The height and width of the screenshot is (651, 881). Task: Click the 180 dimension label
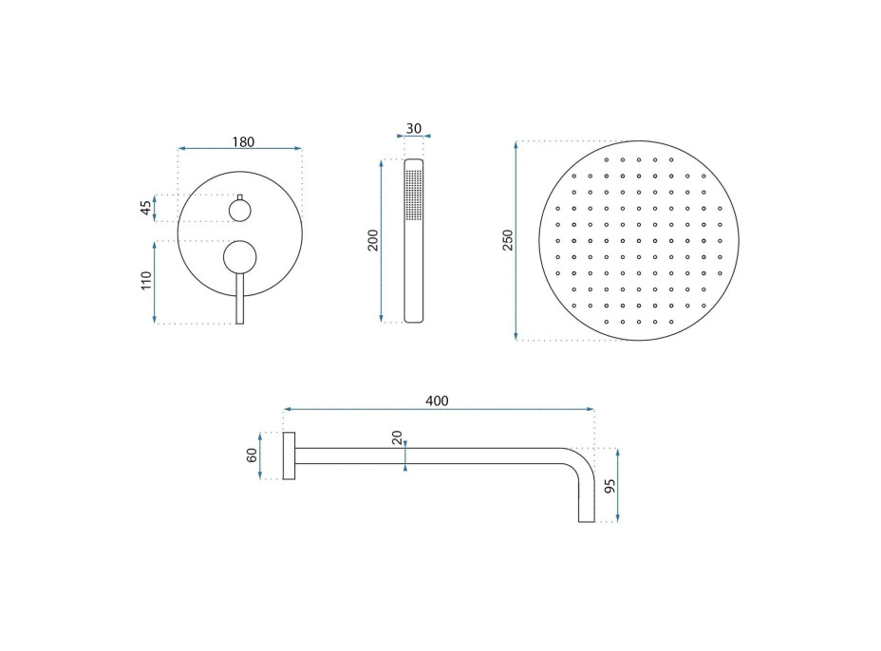tap(243, 142)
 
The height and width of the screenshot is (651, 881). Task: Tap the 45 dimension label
tap(146, 208)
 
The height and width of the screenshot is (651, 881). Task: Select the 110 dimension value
tap(146, 281)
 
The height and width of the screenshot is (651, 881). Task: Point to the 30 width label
tap(414, 129)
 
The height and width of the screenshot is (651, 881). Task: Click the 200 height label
tap(373, 240)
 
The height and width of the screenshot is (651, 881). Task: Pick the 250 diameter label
tap(508, 240)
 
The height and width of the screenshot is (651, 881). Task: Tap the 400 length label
tap(437, 401)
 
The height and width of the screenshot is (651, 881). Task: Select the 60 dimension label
tap(253, 455)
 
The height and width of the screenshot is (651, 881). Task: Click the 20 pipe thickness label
tap(397, 437)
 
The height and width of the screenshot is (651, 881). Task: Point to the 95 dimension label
tap(610, 485)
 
